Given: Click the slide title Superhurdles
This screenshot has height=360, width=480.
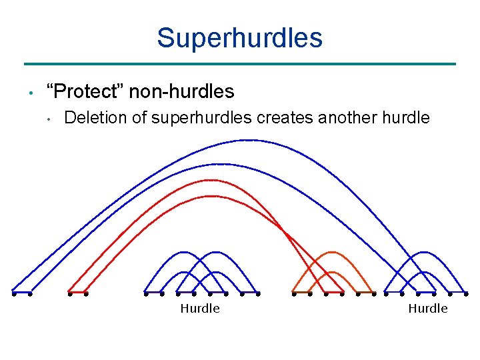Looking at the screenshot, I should (239, 38).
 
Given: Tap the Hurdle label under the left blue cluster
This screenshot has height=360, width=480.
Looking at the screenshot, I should (200, 308).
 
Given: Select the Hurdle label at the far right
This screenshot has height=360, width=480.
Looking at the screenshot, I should (428, 308).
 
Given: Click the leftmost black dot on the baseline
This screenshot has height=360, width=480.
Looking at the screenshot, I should (13, 293).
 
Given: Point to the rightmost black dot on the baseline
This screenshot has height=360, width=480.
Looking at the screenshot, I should (467, 293).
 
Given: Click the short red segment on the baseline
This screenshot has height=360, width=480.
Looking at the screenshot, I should (77, 293).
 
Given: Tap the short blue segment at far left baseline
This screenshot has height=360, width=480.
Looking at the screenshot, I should (21, 293).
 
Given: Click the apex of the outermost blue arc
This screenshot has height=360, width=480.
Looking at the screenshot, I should (248, 140).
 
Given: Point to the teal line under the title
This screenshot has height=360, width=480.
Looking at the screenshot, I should (239, 64).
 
